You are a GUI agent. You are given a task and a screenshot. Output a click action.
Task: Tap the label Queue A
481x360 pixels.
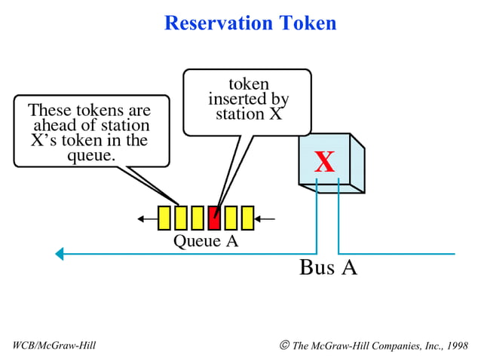point(206,241)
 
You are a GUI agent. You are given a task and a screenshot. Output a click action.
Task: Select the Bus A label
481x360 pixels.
point(328,267)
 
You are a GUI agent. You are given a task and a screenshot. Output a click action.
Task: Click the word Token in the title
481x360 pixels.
point(306,23)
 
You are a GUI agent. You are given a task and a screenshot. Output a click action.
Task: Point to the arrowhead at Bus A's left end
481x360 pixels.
point(60,254)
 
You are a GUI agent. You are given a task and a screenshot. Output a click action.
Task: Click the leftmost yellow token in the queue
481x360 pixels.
point(164,218)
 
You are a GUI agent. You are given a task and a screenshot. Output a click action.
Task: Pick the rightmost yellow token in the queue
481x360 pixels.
point(247,218)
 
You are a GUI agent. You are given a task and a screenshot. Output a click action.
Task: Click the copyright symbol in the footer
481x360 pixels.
point(284,345)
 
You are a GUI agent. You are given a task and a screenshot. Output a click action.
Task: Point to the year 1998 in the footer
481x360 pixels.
point(455,346)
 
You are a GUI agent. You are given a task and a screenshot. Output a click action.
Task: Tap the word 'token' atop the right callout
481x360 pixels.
point(248,84)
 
